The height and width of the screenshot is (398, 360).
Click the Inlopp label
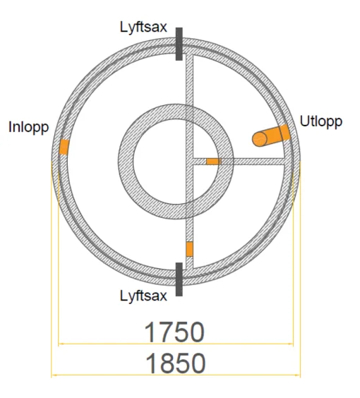[x=28, y=128]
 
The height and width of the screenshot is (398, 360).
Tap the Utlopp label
[x=321, y=121]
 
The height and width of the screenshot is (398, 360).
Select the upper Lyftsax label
[x=143, y=27]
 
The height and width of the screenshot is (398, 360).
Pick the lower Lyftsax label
[x=143, y=296]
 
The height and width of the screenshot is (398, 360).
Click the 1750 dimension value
[x=174, y=332]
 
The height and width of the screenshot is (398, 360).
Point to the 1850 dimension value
[x=176, y=363]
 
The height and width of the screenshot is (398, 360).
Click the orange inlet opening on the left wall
[x=64, y=147]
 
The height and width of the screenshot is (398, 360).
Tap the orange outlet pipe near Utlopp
[x=271, y=135]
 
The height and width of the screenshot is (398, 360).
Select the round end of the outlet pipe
[x=259, y=139]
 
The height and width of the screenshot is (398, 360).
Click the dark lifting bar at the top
[x=179, y=44]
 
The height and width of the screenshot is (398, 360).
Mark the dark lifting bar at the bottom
[x=179, y=279]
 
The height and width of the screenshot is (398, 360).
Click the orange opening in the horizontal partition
[x=213, y=162]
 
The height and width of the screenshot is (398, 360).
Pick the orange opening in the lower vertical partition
[x=189, y=249]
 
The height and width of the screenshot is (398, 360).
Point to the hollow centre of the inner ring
[x=176, y=162]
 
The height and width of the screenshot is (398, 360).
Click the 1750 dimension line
[x=176, y=344]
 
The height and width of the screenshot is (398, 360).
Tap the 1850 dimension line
[x=176, y=375]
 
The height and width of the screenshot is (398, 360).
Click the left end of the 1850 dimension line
[x=52, y=375]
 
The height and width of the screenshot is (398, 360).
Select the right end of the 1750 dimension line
[x=293, y=344]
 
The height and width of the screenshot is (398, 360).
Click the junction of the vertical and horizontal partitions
[x=189, y=162]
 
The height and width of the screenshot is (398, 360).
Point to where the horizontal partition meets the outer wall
[x=284, y=162]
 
